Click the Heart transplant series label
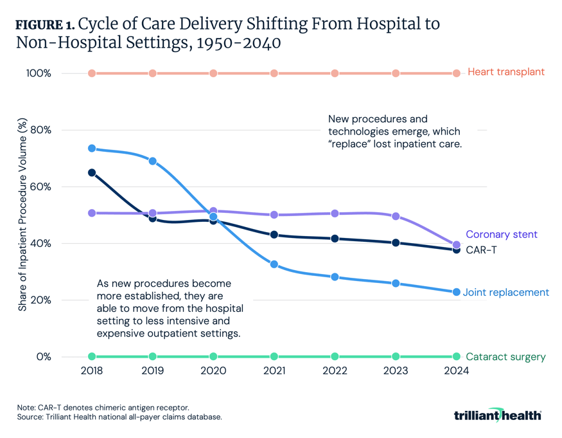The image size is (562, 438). (x=505, y=72)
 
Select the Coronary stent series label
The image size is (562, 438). (x=501, y=235)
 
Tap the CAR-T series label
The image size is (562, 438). (x=480, y=250)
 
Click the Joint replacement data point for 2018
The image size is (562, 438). (x=92, y=149)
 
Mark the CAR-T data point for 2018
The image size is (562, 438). (x=92, y=172)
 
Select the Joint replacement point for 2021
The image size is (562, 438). (x=274, y=264)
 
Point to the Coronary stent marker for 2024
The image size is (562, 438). (x=457, y=245)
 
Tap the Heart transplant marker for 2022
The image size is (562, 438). (x=335, y=73)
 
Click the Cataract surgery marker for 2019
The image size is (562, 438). (x=153, y=356)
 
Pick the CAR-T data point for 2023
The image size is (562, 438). (x=396, y=242)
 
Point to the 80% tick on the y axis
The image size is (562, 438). (x=40, y=130)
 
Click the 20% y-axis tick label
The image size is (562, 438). (x=40, y=300)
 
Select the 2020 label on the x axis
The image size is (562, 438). (x=213, y=371)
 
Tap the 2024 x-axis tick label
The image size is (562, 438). (x=457, y=371)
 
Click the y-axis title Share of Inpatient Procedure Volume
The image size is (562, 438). (x=22, y=215)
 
